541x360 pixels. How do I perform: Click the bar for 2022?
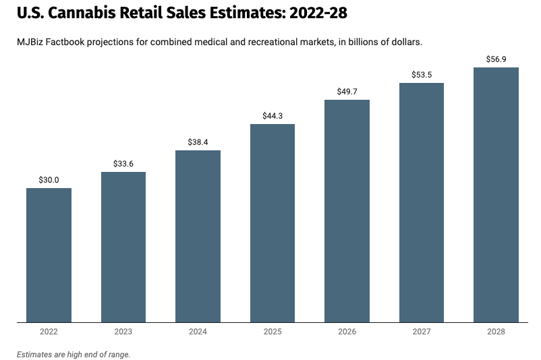click(x=49, y=255)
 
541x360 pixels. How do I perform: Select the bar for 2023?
click(x=123, y=247)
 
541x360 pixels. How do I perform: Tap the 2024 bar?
click(x=198, y=236)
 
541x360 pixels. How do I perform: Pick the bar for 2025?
click(x=273, y=223)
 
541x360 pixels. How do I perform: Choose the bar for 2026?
click(x=347, y=211)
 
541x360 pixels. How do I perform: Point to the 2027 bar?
click(x=422, y=202)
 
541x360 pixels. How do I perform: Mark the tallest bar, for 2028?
click(x=496, y=195)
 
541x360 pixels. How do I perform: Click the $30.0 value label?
click(x=49, y=180)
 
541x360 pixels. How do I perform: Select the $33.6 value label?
click(x=123, y=164)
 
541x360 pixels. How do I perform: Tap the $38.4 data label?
click(x=198, y=142)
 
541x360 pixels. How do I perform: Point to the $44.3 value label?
click(x=273, y=116)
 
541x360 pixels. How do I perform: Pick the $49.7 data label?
click(x=347, y=92)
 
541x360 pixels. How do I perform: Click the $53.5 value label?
click(x=422, y=75)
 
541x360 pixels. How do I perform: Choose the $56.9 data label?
click(x=496, y=59)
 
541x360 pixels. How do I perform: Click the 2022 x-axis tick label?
click(x=49, y=332)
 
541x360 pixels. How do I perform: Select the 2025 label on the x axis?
click(x=273, y=332)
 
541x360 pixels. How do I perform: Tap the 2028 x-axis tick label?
click(x=496, y=332)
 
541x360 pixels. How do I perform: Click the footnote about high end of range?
click(x=74, y=354)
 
